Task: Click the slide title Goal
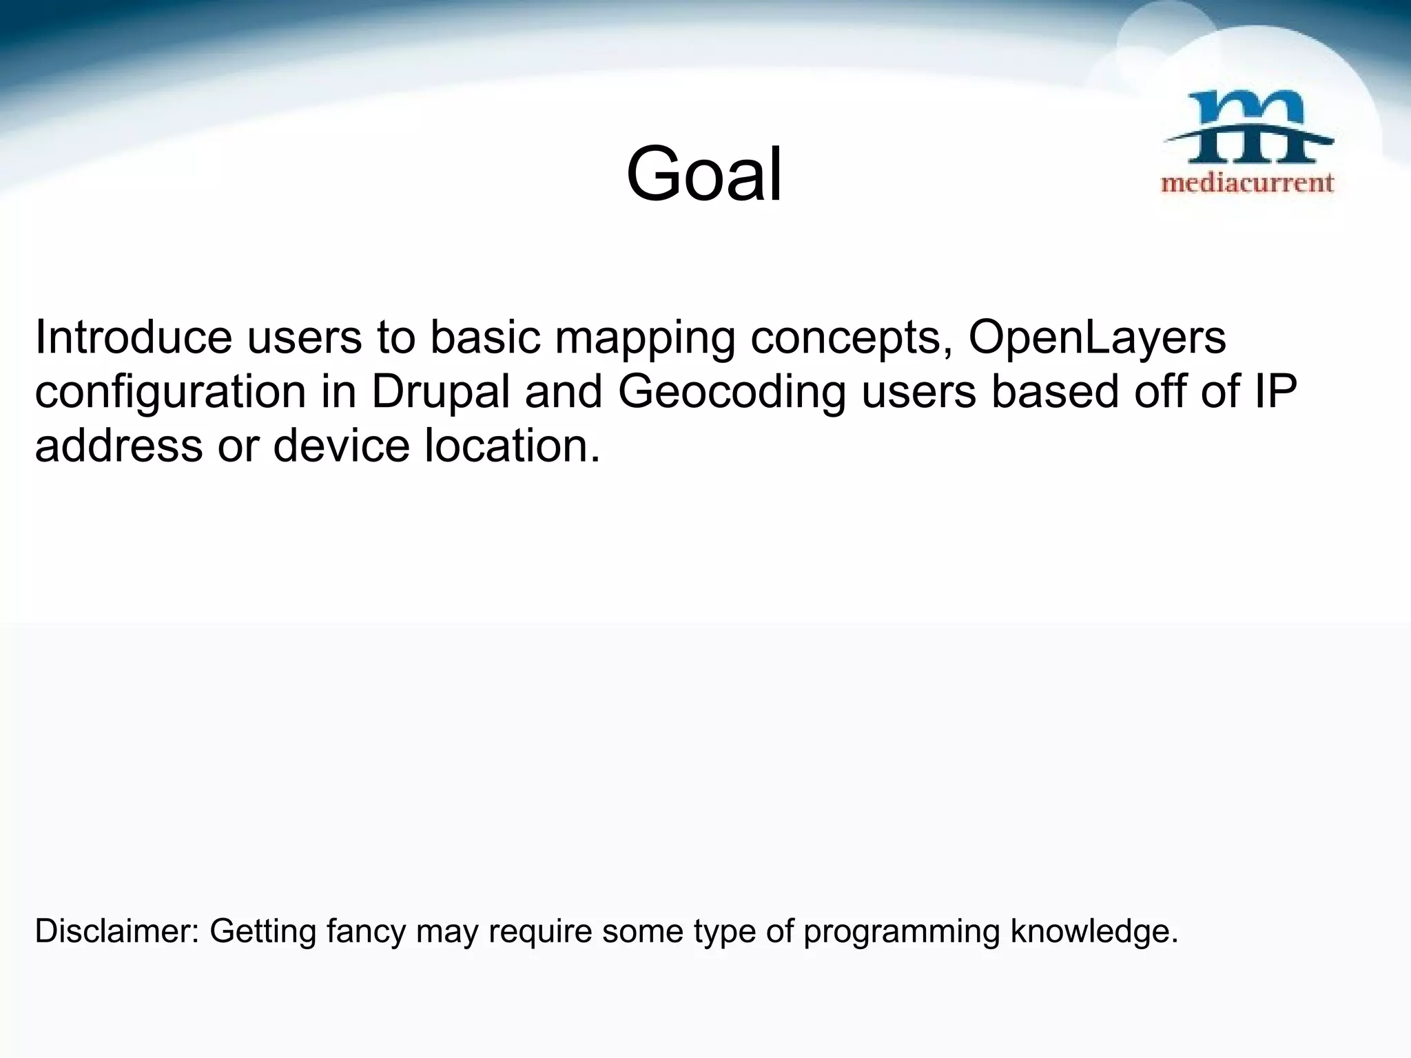tap(704, 174)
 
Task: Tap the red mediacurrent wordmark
tap(1248, 183)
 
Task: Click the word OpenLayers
tap(1097, 338)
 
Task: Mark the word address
tap(119, 446)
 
